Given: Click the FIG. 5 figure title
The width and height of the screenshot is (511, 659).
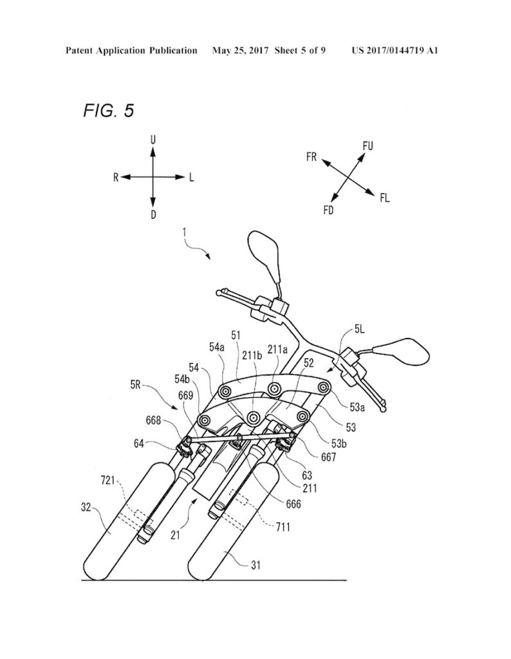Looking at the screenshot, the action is tap(109, 111).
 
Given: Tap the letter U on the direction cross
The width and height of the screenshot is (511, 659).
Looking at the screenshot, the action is tap(153, 140).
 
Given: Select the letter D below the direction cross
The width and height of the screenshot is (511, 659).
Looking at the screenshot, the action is tap(153, 215).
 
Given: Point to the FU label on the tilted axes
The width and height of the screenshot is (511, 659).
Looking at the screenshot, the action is tap(367, 146).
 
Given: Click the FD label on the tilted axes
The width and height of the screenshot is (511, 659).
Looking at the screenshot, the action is tap(329, 210).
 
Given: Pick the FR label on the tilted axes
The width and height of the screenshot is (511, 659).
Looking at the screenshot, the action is tap(311, 158).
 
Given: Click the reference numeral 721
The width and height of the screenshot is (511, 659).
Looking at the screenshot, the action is tap(108, 480).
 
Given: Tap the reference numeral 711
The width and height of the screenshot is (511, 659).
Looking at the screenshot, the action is tap(283, 526).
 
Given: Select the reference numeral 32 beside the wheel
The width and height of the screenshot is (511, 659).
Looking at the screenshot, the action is tap(86, 508).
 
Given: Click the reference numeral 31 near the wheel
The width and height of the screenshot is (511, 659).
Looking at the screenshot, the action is tap(256, 565).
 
